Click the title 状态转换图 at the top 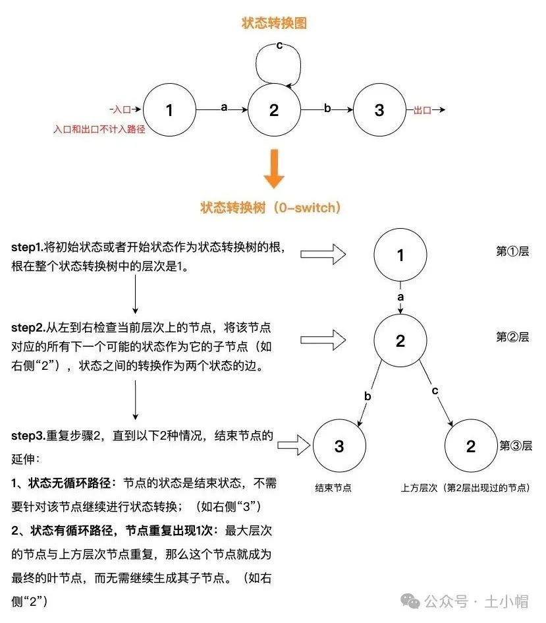point(273,24)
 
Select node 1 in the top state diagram point(169,110)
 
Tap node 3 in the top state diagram point(379,110)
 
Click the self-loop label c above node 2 point(280,45)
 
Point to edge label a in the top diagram point(224,107)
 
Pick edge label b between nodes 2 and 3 point(327,108)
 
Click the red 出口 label point(422,111)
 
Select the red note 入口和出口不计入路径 point(99,130)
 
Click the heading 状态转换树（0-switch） point(271,208)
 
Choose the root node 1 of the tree point(400,255)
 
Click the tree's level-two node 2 point(400,341)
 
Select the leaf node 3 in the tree point(339,446)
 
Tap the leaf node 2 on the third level point(470,446)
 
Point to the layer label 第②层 point(512,337)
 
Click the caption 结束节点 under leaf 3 point(333,489)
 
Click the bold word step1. point(26,247)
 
